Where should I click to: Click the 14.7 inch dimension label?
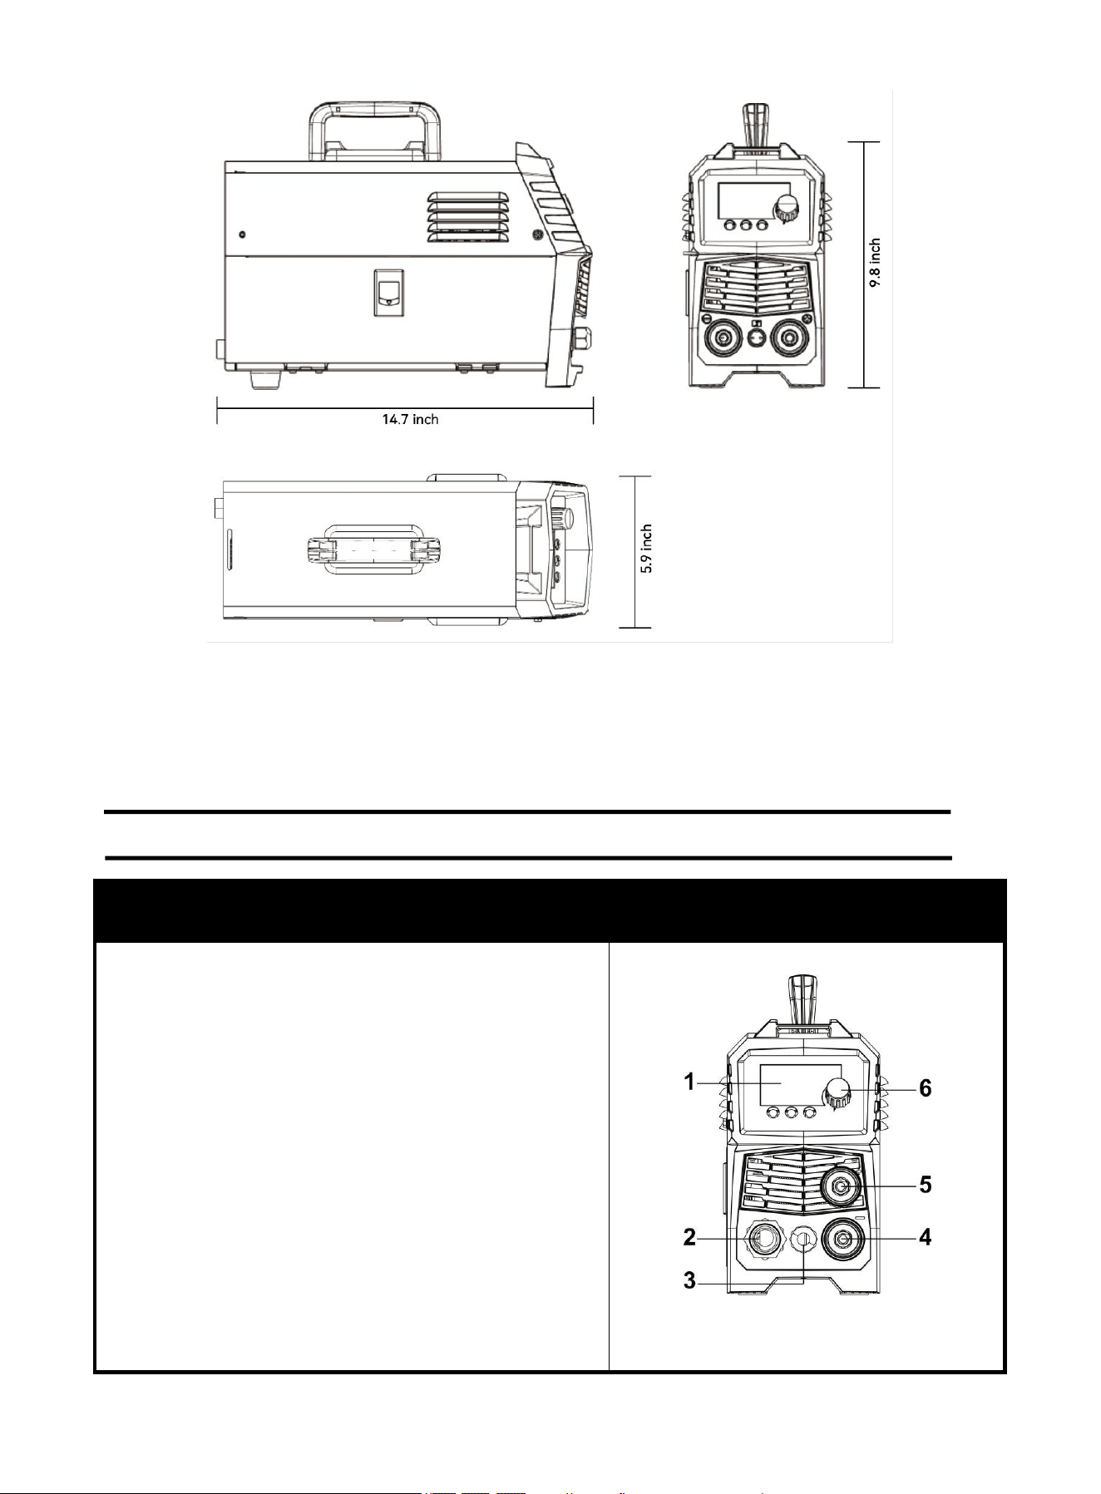coord(410,419)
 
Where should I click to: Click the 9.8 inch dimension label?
coord(875,264)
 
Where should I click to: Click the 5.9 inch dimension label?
coord(646,549)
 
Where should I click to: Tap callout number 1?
coord(689,1082)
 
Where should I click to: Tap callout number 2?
coord(689,1237)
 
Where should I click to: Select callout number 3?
coord(689,1280)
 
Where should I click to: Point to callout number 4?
coord(925,1237)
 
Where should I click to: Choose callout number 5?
coord(925,1185)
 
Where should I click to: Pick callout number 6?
coord(925,1087)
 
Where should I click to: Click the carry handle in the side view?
coord(375,108)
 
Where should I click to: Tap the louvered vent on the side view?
coord(467,218)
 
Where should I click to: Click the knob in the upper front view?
coord(785,209)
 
